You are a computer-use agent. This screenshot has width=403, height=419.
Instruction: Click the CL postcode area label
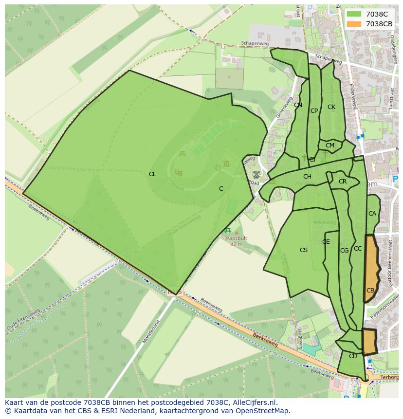pyautogui.click(x=152, y=174)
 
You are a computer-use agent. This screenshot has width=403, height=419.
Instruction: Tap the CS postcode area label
pyautogui.click(x=303, y=250)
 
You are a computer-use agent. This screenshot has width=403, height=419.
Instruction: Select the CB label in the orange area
pyautogui.click(x=370, y=291)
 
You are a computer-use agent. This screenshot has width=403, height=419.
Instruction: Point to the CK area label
pyautogui.click(x=331, y=107)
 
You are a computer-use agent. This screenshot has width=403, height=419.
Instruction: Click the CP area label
pyautogui.click(x=314, y=111)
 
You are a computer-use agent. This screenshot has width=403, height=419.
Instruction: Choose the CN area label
pyautogui.click(x=298, y=105)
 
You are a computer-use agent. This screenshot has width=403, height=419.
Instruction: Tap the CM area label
pyautogui.click(x=330, y=146)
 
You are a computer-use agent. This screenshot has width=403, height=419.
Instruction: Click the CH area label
pyautogui.click(x=307, y=177)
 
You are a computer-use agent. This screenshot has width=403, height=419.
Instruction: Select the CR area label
pyautogui.click(x=342, y=182)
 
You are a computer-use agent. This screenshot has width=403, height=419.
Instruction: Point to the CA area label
pyautogui.click(x=372, y=214)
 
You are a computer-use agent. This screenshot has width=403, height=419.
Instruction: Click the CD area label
pyautogui.click(x=353, y=356)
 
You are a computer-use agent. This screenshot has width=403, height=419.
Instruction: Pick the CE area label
pyautogui.click(x=326, y=242)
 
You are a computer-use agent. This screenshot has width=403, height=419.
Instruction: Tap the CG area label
pyautogui.click(x=344, y=251)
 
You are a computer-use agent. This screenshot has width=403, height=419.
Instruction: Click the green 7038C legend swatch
pyautogui.click(x=354, y=14)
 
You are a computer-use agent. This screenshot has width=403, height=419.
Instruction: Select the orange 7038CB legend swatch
pyautogui.click(x=354, y=24)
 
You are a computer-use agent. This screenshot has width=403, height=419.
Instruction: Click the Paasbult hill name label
pyautogui.click(x=237, y=239)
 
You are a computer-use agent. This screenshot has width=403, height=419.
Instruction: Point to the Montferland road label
pyautogui.click(x=151, y=332)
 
